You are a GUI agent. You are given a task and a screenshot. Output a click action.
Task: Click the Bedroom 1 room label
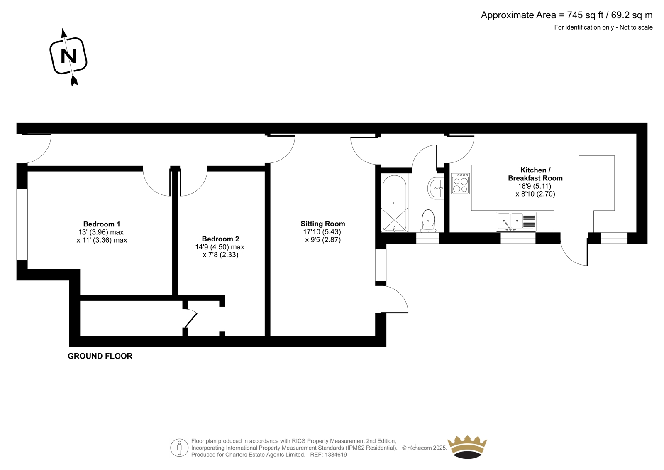tap(101, 224)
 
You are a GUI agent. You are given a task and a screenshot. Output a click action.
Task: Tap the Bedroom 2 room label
tap(220, 239)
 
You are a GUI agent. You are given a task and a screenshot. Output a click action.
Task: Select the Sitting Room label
tap(323, 224)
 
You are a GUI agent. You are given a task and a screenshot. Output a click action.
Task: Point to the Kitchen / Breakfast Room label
tap(535, 174)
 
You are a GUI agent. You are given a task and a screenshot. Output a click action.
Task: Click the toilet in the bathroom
tap(428, 221)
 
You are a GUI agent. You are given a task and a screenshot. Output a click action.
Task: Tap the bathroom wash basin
tap(435, 188)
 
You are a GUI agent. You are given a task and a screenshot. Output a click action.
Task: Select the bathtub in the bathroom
tap(394, 203)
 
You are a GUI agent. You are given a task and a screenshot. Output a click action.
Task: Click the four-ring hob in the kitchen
tap(460, 184)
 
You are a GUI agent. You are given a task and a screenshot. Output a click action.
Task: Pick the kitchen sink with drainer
tap(516, 222)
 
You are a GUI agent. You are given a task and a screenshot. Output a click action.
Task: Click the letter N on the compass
tap(68, 56)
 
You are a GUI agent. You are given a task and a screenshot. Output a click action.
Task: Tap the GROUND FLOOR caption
tap(100, 356)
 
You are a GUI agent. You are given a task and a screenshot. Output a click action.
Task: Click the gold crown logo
tap(467, 447)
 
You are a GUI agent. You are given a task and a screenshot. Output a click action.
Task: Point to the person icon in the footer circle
tap(179, 448)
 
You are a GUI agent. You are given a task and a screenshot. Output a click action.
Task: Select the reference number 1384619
tap(336, 455)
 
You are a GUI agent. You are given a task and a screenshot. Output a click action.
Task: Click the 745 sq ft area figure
tap(585, 15)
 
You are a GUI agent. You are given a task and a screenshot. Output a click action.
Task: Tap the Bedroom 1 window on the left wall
tap(22, 224)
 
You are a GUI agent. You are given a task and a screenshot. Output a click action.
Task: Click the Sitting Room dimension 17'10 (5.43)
tap(322, 232)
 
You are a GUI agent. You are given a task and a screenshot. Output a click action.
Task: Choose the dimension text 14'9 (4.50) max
tap(220, 247)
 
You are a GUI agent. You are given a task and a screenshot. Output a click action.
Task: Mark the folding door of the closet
tap(190, 318)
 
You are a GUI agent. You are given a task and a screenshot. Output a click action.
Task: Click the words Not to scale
tap(636, 27)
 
